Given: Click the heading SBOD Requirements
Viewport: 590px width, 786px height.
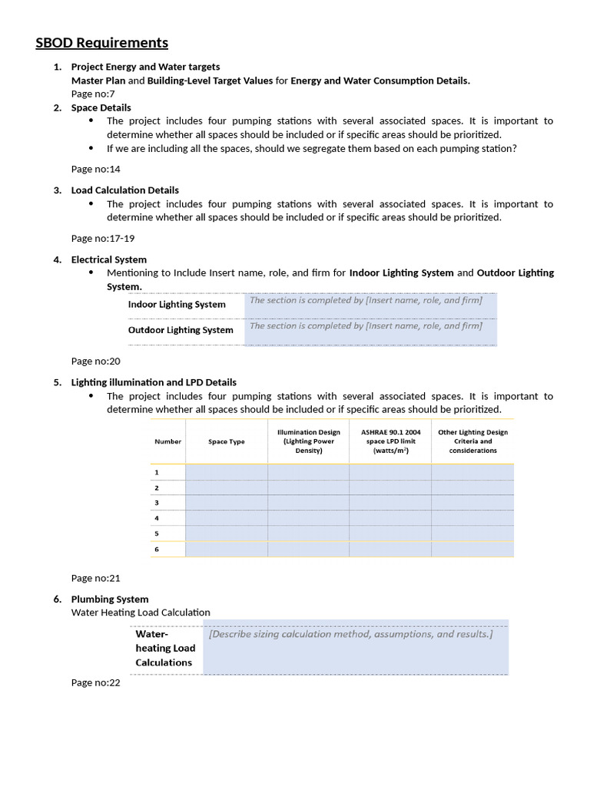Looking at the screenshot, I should [x=101, y=43].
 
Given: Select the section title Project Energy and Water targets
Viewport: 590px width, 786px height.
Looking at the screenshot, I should [x=145, y=67].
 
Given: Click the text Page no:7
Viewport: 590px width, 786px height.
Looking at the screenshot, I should [x=93, y=94].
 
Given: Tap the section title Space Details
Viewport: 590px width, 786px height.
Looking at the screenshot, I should [x=101, y=107].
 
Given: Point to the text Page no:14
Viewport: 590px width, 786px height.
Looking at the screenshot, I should [x=95, y=169].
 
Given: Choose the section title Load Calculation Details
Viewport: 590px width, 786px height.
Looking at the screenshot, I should [x=124, y=190].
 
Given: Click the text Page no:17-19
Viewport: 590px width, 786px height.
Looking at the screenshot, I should [x=102, y=238].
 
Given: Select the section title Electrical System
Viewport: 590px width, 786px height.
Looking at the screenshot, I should [x=108, y=259].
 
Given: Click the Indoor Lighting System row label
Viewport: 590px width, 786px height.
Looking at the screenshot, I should [x=177, y=305].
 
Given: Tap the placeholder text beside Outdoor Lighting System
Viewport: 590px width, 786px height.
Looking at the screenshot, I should [x=366, y=326].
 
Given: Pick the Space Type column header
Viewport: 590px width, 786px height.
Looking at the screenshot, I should [x=226, y=442].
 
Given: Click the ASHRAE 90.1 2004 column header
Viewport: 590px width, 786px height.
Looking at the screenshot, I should [x=390, y=441].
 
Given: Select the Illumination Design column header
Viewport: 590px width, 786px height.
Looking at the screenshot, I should [x=308, y=441].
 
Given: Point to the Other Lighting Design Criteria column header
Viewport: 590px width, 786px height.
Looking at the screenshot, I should [x=472, y=441].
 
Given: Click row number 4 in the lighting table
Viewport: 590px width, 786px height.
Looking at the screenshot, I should [x=157, y=518].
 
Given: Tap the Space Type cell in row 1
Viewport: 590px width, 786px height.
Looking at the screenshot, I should [x=226, y=473].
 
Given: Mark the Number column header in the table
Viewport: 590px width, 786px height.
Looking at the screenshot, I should [x=167, y=442].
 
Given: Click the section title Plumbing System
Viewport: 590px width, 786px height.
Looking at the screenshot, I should [x=110, y=599].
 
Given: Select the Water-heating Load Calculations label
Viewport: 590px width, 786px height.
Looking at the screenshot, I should [x=164, y=649].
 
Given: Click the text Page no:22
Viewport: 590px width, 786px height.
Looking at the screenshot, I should [x=95, y=682].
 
